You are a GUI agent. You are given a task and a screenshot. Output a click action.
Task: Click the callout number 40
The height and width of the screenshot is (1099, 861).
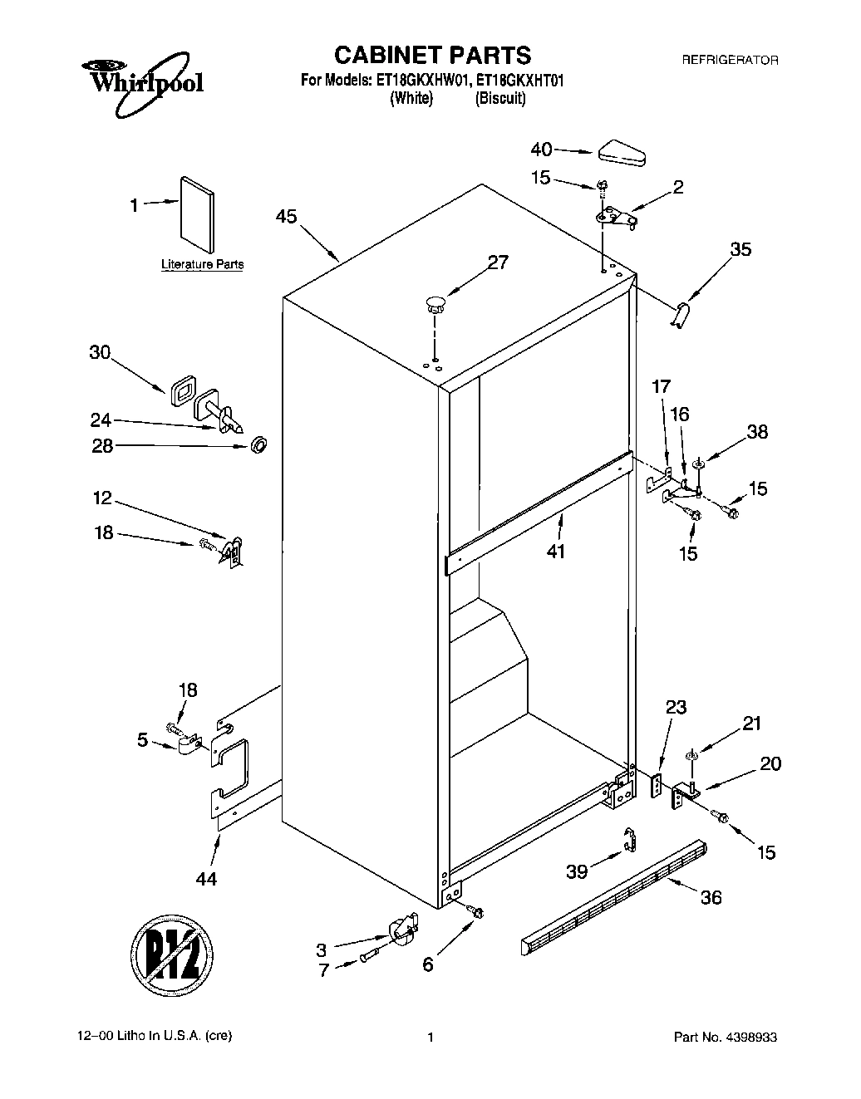(x=541, y=150)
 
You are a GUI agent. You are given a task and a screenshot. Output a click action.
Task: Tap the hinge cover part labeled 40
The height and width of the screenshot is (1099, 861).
(x=623, y=152)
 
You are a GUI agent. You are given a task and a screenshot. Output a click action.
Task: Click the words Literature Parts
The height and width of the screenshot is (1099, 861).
(x=202, y=265)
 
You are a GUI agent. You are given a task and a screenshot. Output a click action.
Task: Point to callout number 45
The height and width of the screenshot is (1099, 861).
(x=286, y=217)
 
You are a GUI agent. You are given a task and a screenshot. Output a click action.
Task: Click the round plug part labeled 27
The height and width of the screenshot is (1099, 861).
(x=434, y=302)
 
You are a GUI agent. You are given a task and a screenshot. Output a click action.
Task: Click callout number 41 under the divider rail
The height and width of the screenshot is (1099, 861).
(x=555, y=551)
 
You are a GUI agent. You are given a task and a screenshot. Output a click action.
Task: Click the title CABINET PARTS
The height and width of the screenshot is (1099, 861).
(x=431, y=55)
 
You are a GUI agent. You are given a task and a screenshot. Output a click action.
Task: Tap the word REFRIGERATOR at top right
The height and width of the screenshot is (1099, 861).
(x=729, y=60)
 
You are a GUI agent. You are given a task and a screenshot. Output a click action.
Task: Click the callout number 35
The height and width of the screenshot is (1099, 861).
(x=740, y=249)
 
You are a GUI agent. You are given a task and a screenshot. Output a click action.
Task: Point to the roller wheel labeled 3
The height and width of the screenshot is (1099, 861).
(x=403, y=929)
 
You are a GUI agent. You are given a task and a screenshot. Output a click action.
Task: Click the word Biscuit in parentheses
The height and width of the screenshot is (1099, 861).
(x=500, y=98)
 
